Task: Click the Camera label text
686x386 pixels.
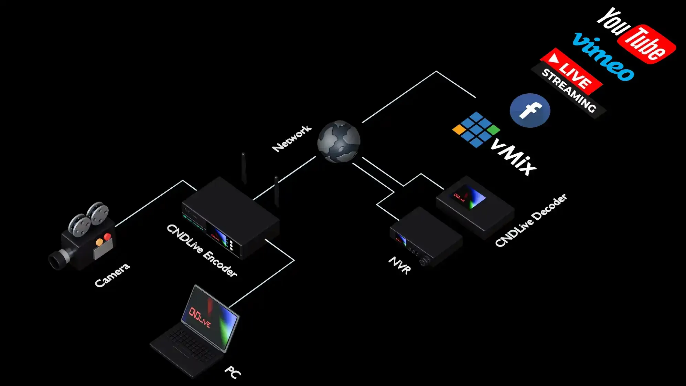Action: [112, 275]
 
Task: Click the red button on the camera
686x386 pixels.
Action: [107, 237]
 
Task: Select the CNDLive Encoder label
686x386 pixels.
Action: [202, 250]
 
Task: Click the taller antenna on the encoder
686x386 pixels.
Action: [244, 169]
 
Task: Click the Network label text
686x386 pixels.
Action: [292, 138]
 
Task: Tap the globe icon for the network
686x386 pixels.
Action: [339, 141]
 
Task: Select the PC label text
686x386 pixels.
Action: [233, 372]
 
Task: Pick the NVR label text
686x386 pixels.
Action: [400, 265]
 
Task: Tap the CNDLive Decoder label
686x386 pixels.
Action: [530, 220]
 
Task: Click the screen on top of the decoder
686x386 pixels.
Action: [469, 197]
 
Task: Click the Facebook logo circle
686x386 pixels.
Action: [530, 110]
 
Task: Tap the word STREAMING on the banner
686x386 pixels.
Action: [569, 91]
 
